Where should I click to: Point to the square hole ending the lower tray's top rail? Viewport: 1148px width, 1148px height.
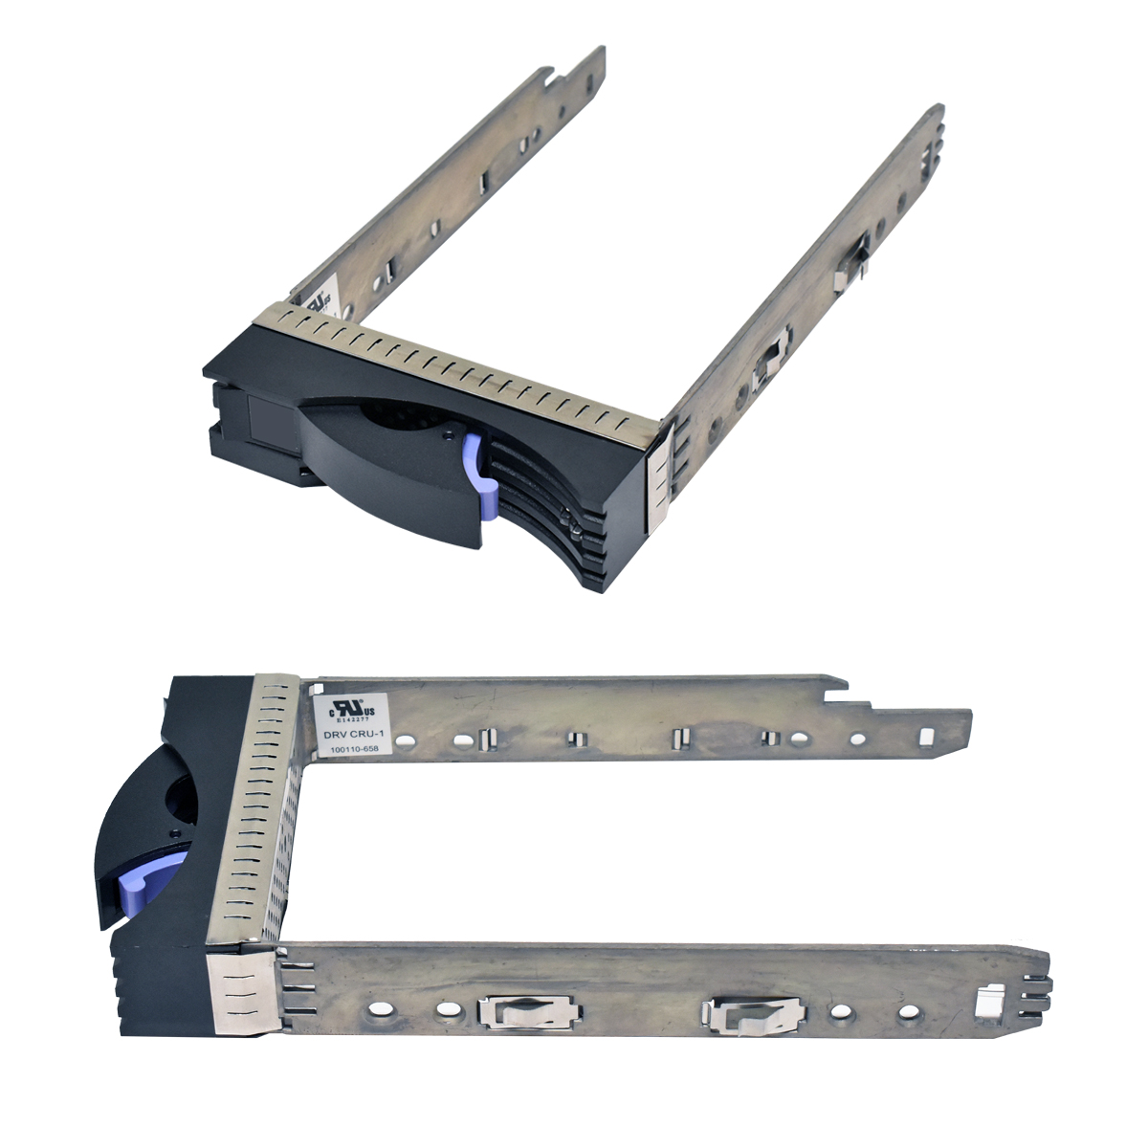[925, 737]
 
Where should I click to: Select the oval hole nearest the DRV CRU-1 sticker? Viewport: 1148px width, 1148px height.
[406, 740]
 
